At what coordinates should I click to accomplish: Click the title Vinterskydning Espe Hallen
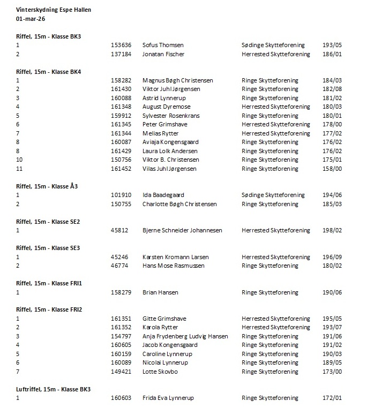tap(54, 10)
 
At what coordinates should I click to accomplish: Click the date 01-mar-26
tap(30, 19)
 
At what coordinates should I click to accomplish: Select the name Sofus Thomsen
tap(163, 46)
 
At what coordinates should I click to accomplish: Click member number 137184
tap(121, 54)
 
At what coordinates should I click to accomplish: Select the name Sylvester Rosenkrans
tap(171, 116)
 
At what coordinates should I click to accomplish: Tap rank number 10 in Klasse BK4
tap(19, 160)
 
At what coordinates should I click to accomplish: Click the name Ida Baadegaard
tap(163, 195)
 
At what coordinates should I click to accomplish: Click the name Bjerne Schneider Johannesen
tap(182, 231)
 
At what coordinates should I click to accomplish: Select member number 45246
tap(119, 257)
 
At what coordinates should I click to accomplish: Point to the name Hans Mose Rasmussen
tap(173, 266)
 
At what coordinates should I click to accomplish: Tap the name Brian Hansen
tap(161, 292)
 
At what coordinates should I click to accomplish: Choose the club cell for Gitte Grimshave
tap(276, 319)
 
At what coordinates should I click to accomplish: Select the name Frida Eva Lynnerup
tap(168, 398)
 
